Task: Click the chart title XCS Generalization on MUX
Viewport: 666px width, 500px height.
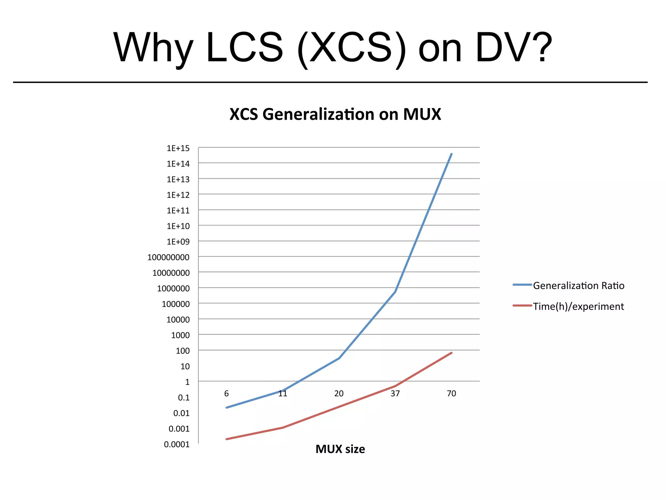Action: point(335,114)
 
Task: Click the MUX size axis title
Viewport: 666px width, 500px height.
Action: point(340,449)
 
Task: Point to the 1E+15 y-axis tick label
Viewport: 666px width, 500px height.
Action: point(178,148)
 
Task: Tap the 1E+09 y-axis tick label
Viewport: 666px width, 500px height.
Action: point(178,242)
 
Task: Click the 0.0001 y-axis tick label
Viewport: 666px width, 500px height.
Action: point(177,444)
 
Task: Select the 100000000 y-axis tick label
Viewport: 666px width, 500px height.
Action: point(168,257)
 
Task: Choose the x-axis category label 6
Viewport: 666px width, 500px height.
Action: point(226,394)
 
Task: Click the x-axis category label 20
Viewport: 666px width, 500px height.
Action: point(339,394)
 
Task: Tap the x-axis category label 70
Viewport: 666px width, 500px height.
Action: point(451,394)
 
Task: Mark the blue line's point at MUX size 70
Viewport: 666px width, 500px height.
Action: point(451,154)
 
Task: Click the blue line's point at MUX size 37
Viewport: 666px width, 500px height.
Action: point(395,292)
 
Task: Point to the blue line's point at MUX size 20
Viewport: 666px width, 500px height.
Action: point(339,358)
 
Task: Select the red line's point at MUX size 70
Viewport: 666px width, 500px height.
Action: point(451,353)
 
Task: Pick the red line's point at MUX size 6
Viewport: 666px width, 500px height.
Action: point(226,439)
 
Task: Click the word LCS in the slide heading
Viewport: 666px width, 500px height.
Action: point(245,48)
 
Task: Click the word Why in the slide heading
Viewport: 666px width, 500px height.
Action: point(153,48)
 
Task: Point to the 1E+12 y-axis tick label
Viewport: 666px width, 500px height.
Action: point(178,195)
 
